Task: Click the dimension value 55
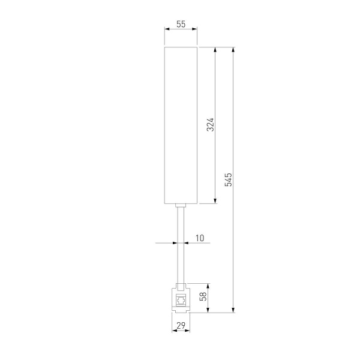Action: point(181,25)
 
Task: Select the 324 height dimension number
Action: point(210,124)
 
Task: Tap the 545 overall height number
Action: point(229,179)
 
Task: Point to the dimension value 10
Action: point(199,238)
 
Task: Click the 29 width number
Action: point(181,326)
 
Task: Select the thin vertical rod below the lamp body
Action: point(181,246)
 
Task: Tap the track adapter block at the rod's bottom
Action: point(181,298)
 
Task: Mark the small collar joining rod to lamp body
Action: point(181,206)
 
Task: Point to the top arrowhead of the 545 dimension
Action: point(233,48)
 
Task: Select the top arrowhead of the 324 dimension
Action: point(215,48)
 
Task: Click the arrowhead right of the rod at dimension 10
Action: point(185,243)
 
